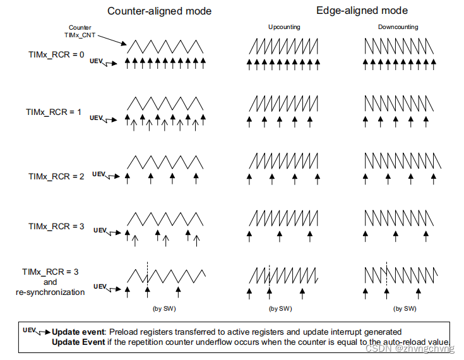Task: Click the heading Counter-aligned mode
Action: (x=159, y=11)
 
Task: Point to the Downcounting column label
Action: (x=398, y=27)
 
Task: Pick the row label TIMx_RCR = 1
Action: (x=54, y=112)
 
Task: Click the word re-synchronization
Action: (x=50, y=292)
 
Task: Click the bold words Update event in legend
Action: (x=79, y=332)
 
